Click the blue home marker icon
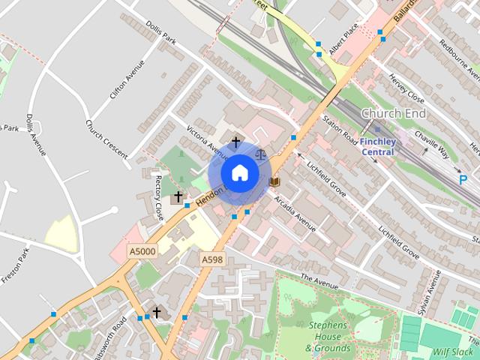(239, 173)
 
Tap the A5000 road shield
(142, 251)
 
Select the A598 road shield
(212, 259)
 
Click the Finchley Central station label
(377, 146)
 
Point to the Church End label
(393, 113)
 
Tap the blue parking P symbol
(463, 180)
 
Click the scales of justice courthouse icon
(261, 154)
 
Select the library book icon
(274, 181)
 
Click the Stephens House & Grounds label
(327, 337)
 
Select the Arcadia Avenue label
(295, 212)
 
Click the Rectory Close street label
(158, 196)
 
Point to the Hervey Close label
(406, 93)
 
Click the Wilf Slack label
(454, 351)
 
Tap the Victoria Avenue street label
(206, 137)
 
